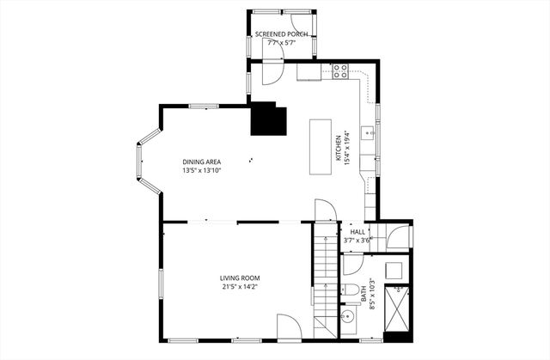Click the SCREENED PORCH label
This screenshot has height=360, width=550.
coord(282,34)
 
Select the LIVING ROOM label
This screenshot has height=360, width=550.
coord(239,278)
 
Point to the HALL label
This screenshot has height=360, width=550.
coord(357,232)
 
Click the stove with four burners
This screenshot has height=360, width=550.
coord(339,70)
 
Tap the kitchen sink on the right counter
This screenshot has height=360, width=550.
coord(369,132)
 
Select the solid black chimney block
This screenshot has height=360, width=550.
coord(266,119)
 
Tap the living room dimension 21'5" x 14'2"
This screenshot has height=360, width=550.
coord(239,287)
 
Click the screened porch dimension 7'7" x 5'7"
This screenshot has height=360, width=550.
coord(282,42)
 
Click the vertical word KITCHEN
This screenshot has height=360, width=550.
coord(338,147)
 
